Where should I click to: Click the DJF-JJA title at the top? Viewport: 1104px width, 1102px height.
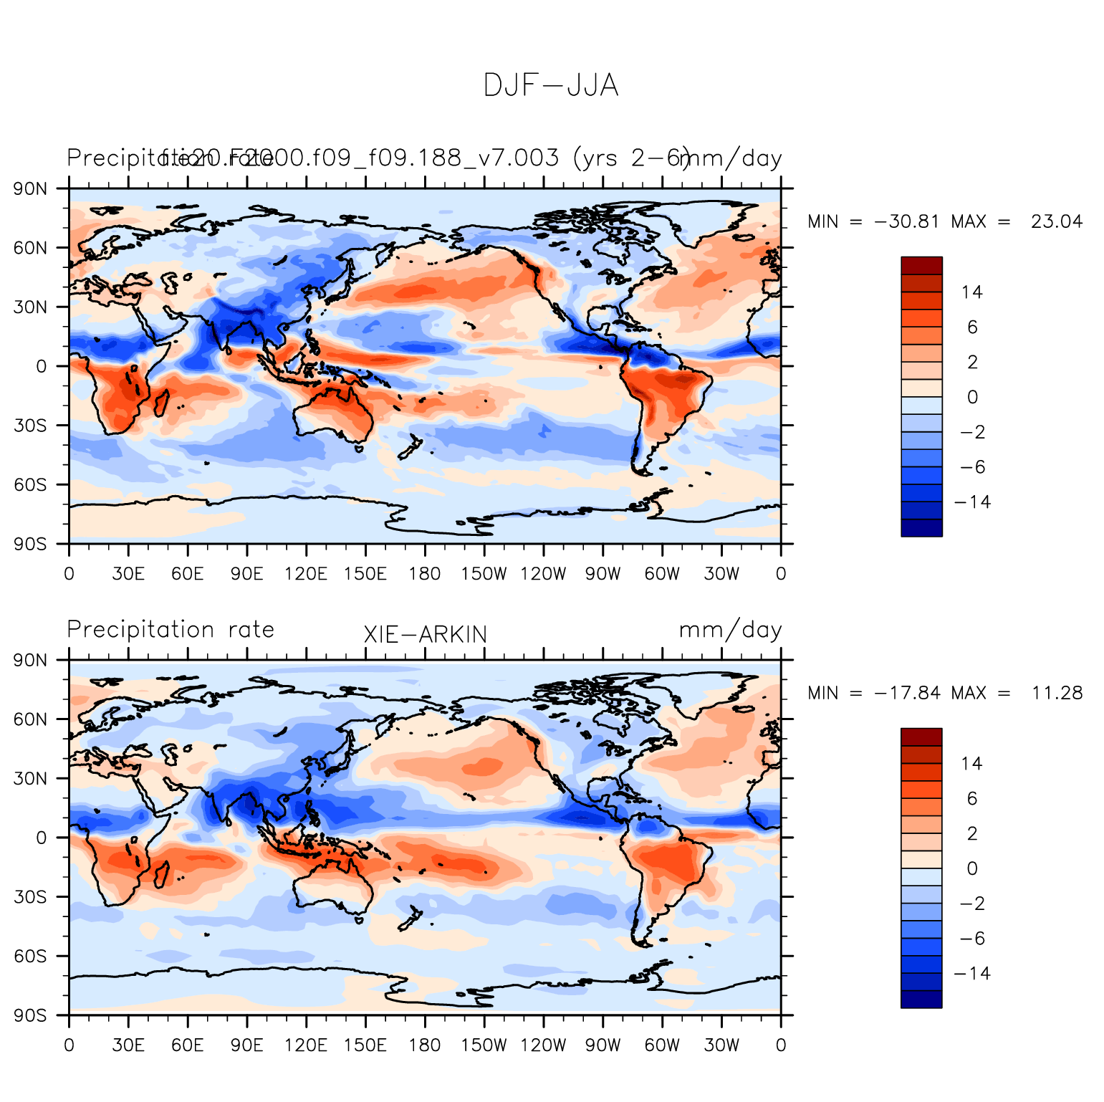pyautogui.click(x=550, y=86)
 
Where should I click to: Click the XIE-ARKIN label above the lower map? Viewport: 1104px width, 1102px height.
pyautogui.click(x=425, y=635)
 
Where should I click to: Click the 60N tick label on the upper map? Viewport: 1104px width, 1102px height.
pyautogui.click(x=31, y=248)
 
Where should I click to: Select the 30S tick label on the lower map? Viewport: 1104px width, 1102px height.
pyautogui.click(x=31, y=897)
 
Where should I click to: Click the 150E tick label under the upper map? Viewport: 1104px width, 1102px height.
pyautogui.click(x=365, y=574)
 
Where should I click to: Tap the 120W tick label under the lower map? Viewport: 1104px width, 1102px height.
pyautogui.click(x=543, y=1045)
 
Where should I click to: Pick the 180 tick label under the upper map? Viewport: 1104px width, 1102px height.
pyautogui.click(x=424, y=574)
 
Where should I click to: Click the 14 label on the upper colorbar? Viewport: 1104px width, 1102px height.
pyautogui.click(x=972, y=292)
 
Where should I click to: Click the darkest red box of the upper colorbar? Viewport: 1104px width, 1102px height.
pyautogui.click(x=921, y=265)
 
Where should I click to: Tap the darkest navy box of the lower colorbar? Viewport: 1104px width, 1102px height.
pyautogui.click(x=921, y=1000)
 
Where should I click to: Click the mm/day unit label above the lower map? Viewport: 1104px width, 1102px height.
pyautogui.click(x=730, y=630)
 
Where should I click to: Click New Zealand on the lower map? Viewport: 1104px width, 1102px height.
pyautogui.click(x=409, y=919)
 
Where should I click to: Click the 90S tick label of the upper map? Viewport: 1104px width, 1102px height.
pyautogui.click(x=31, y=544)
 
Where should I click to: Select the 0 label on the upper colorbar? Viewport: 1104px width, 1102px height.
pyautogui.click(x=972, y=397)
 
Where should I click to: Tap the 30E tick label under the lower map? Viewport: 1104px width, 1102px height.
pyautogui.click(x=128, y=1045)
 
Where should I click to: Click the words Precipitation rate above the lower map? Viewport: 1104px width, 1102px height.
pyautogui.click(x=171, y=630)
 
